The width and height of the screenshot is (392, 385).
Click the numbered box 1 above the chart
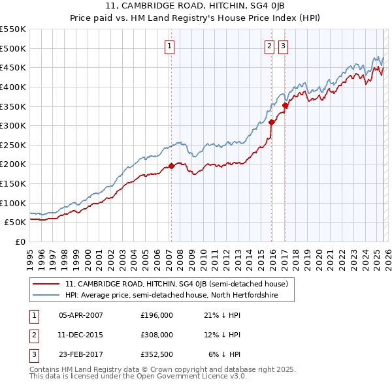pos(169,46)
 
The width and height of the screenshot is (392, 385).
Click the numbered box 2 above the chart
pos(269,46)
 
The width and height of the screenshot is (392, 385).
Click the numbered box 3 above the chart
pos(283,46)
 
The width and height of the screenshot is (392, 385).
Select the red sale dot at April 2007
pos(171,166)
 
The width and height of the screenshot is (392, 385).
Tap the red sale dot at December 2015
pos(271,122)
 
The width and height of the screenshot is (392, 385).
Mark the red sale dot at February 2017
pos(285,105)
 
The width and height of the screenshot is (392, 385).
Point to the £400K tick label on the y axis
pos(13,87)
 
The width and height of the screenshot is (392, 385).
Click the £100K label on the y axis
pos(13,203)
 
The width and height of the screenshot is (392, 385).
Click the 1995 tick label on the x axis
pos(29,254)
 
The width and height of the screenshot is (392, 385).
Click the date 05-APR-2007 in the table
pos(81,315)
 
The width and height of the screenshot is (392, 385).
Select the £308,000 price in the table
pos(157,335)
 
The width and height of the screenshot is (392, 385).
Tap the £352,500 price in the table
pos(157,354)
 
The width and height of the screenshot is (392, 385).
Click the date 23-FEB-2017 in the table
pos(81,354)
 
